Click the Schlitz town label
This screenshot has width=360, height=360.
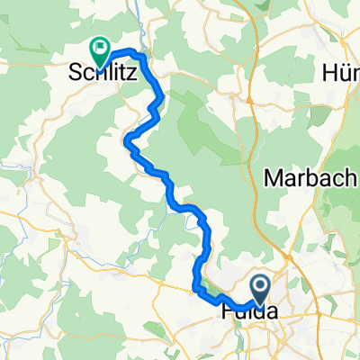pyautogui.click(x=103, y=76)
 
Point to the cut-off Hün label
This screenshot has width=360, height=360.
pyautogui.click(x=341, y=71)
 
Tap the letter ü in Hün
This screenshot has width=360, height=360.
pyautogui.click(x=345, y=71)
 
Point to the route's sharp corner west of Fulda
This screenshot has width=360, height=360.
pyautogui.click(x=195, y=288)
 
